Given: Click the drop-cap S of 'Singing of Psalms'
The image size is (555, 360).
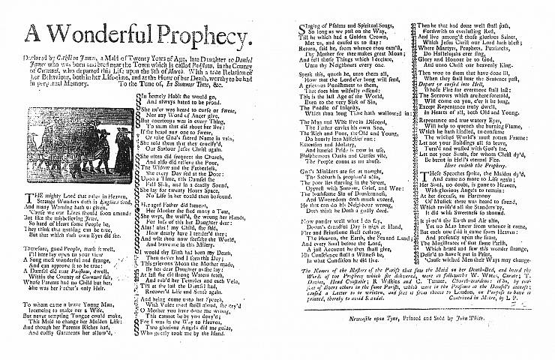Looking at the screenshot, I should tap(293, 28).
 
